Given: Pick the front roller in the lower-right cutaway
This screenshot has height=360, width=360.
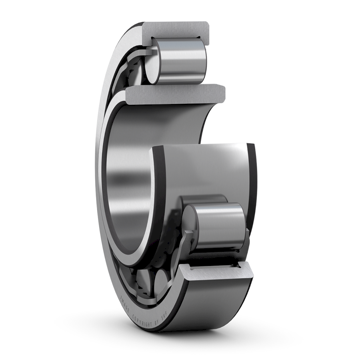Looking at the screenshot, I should click(218, 226).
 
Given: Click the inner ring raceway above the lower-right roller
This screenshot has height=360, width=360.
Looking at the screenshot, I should click(208, 168).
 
